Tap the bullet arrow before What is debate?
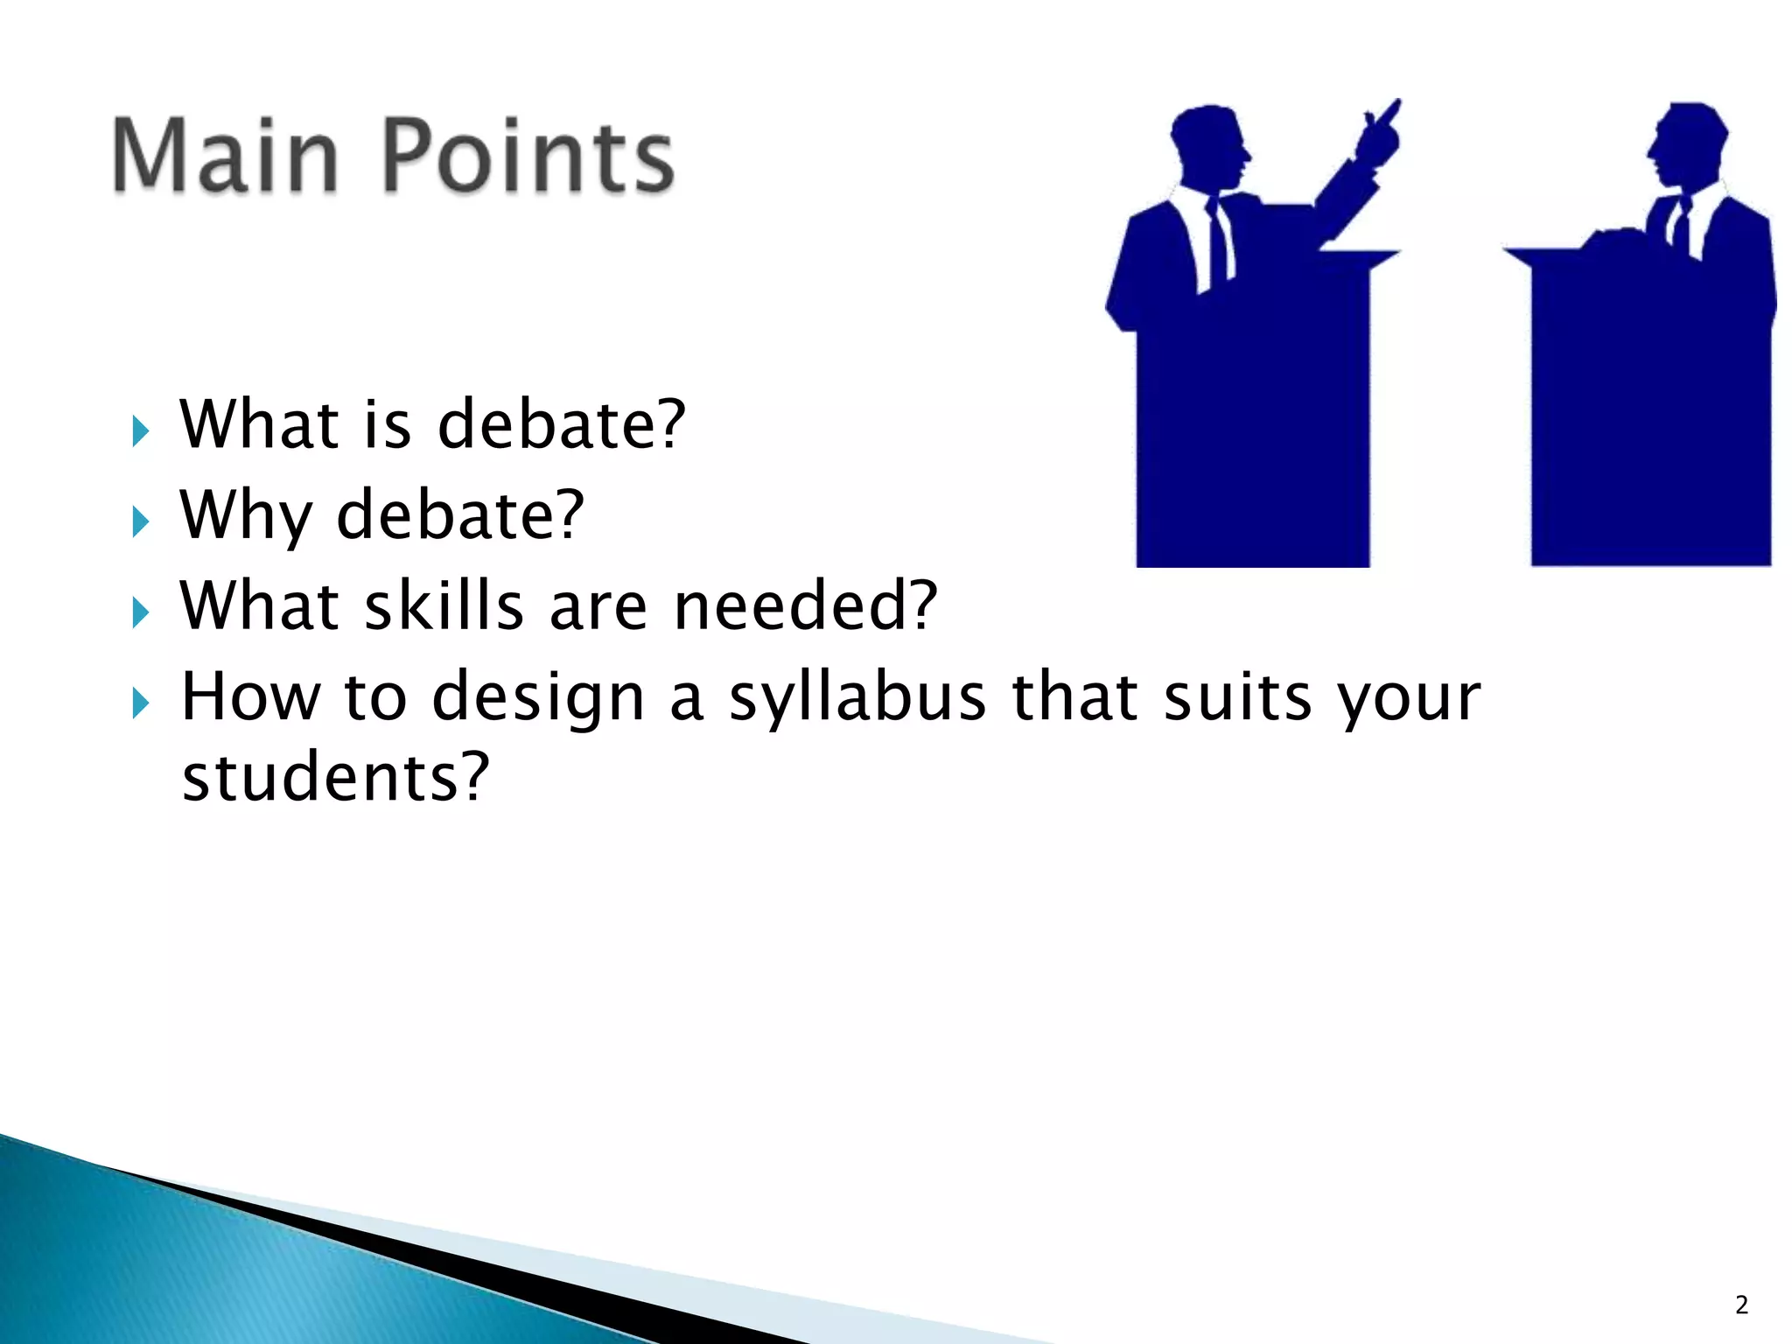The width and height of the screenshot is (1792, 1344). tap(140, 431)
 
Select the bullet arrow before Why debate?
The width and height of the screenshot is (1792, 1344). tap(140, 522)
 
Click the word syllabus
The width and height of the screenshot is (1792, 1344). tap(857, 699)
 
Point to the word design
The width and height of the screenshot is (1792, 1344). tap(538, 699)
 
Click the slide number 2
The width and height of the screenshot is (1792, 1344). tap(1741, 1305)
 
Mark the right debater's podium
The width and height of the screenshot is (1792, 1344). tap(1649, 411)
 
